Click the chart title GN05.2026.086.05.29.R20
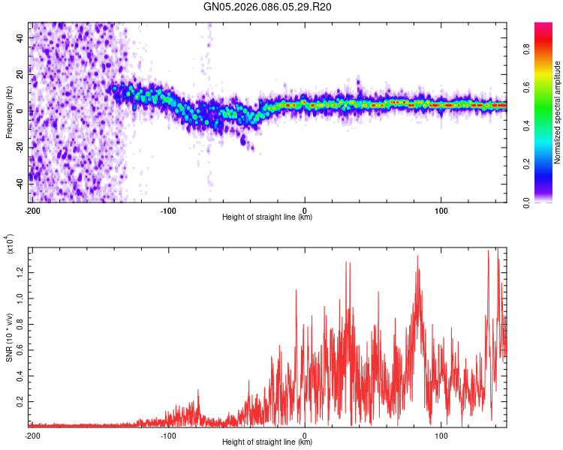click(267, 9)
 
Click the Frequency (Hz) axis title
click(9, 112)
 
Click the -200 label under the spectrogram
click(32, 210)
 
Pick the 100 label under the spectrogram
click(441, 210)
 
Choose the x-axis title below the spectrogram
click(267, 217)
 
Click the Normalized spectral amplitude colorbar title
click(558, 112)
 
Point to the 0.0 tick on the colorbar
click(528, 202)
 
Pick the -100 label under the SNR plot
click(168, 435)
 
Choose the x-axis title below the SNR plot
click(267, 442)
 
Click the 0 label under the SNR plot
click(305, 435)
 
